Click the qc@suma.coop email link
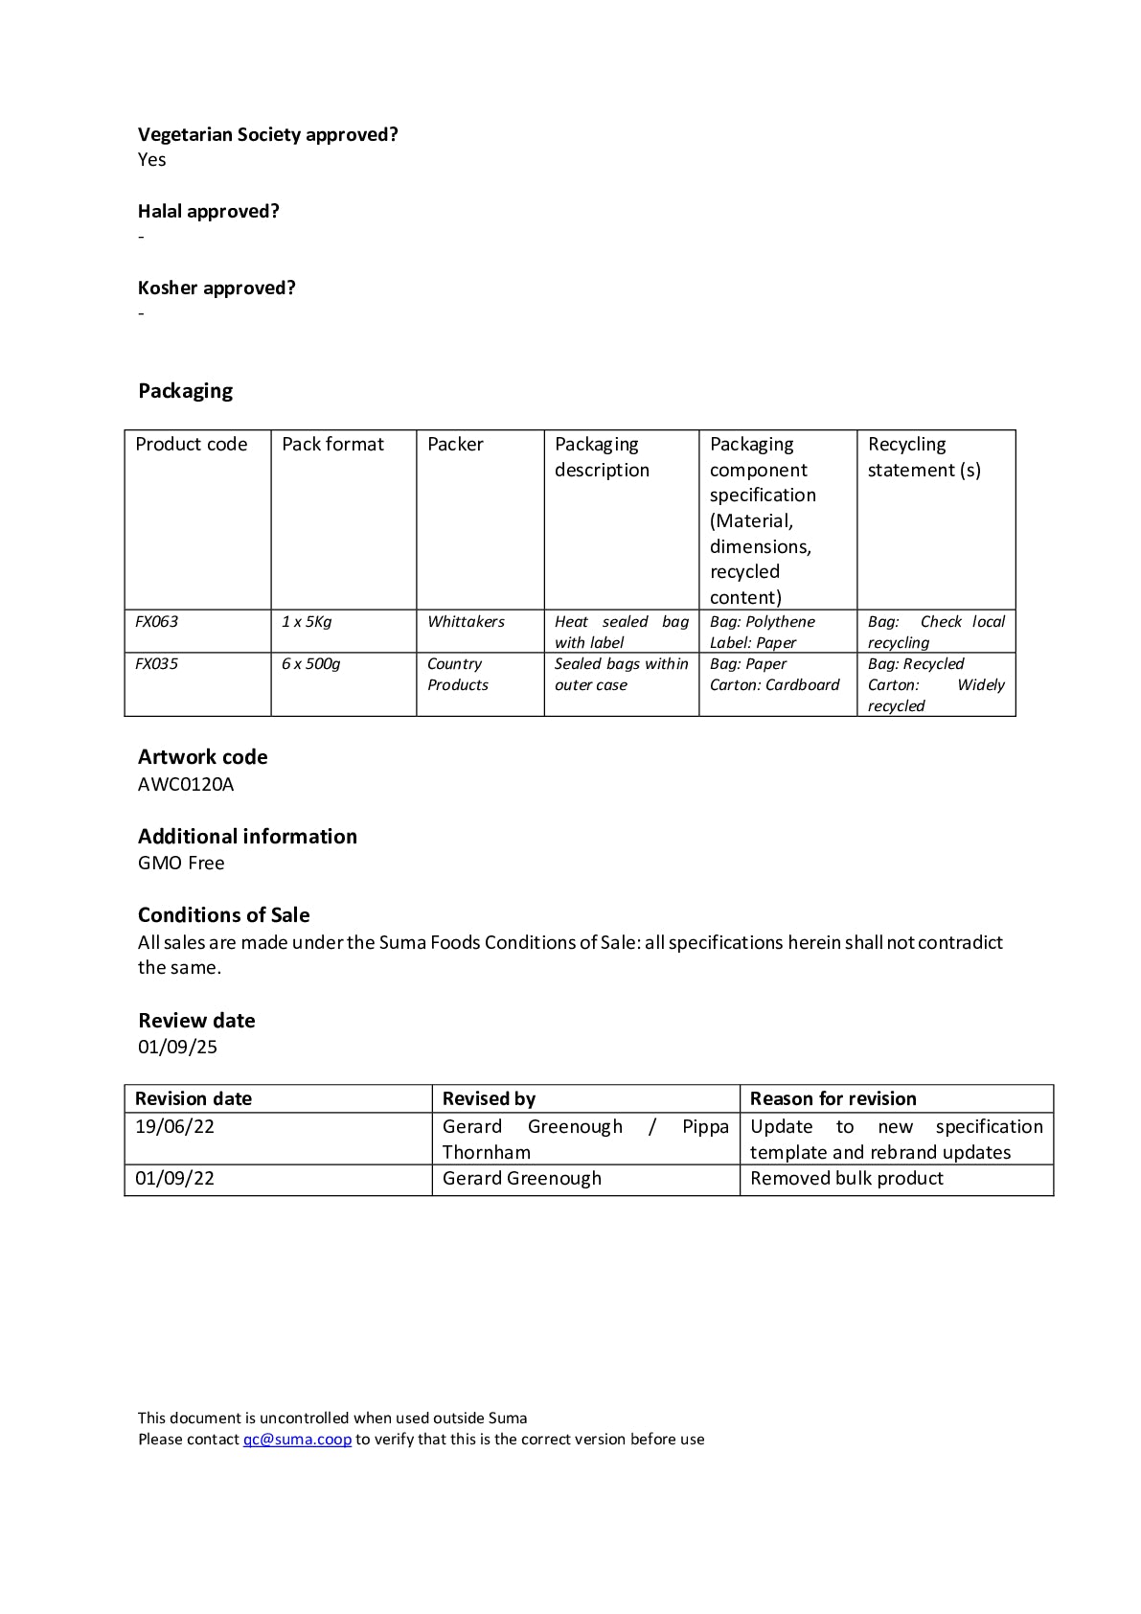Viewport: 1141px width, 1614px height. (297, 1439)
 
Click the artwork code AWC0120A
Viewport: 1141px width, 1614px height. (186, 784)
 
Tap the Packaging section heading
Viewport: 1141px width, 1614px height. (186, 390)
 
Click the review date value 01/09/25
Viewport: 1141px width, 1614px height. (178, 1046)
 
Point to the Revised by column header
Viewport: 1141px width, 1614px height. (489, 1098)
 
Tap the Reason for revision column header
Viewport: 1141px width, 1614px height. (833, 1098)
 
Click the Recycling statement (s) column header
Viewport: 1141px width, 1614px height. (924, 456)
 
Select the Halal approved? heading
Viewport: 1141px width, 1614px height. (209, 211)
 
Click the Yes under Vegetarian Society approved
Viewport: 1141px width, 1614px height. (152, 159)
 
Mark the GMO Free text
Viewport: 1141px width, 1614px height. (181, 863)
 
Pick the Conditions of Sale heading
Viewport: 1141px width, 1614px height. (224, 914)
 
